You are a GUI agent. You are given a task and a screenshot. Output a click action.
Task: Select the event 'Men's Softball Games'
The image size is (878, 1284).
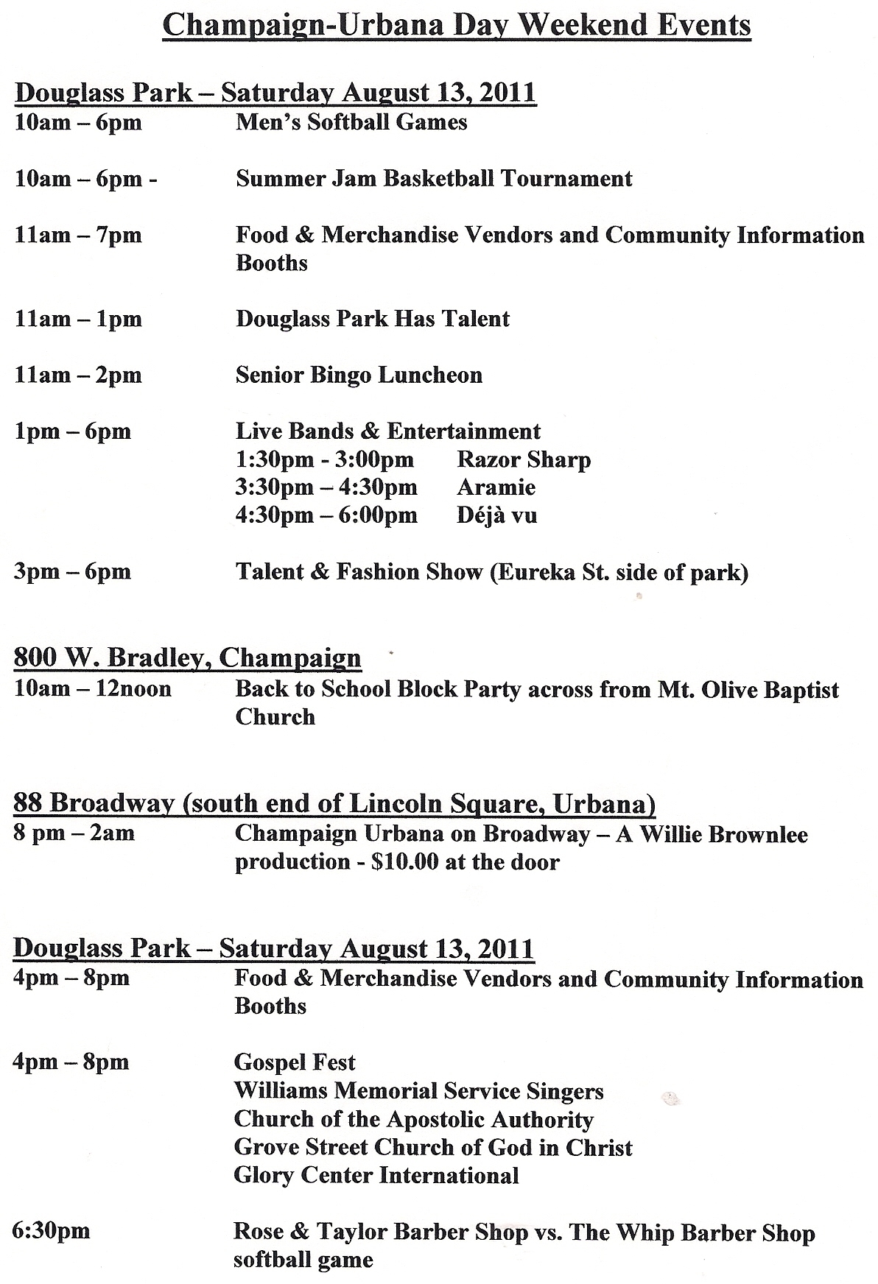pos(351,121)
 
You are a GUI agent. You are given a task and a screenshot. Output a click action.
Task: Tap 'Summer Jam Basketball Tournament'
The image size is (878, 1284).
pos(434,178)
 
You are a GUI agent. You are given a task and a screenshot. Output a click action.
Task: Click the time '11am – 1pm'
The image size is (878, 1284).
pos(78,319)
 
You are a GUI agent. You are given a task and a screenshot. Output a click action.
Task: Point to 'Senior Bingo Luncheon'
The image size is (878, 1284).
pos(359,375)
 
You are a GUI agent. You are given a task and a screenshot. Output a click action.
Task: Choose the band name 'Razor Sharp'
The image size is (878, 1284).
pos(524,459)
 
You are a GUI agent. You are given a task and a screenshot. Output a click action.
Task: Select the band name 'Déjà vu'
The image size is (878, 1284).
pos(496,515)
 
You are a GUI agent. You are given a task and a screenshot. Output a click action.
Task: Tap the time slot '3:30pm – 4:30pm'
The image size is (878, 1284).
pos(326,487)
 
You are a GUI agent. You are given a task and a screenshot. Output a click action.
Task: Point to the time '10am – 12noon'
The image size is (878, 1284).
pos(93,689)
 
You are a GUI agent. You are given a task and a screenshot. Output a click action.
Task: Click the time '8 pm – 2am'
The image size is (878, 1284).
pos(74,833)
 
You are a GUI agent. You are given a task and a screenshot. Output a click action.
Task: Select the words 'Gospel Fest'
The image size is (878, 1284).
pos(295,1062)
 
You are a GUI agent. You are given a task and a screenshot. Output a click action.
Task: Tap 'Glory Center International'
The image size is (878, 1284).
pos(376,1174)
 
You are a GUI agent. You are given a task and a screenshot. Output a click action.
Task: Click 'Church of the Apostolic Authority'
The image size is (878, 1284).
pos(413,1119)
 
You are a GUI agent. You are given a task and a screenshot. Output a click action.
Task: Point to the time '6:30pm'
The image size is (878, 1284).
pos(51,1230)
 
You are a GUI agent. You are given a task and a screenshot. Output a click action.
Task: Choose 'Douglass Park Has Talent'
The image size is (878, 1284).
pos(373,319)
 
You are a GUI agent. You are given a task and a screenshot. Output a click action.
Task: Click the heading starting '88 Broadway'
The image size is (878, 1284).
pos(334,802)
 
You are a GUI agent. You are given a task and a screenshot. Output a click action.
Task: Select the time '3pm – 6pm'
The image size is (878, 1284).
pos(72,571)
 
